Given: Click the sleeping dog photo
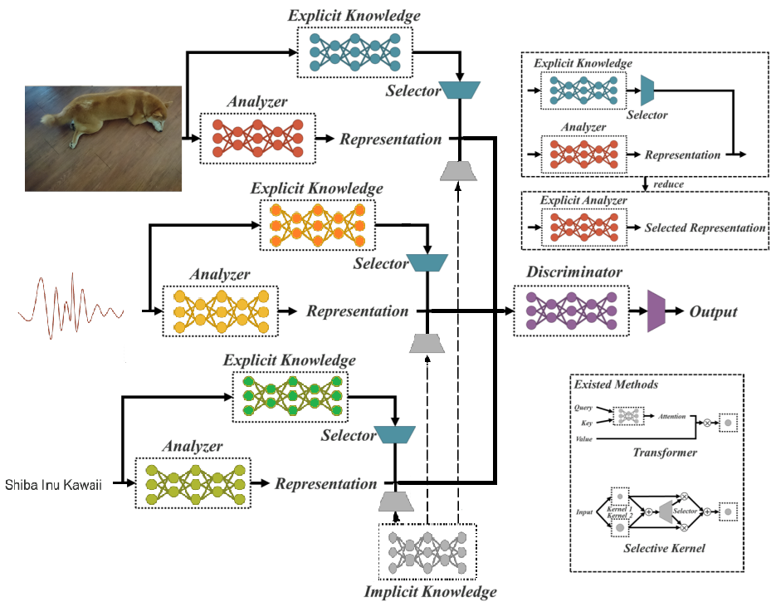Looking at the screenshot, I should pyautogui.click(x=103, y=138).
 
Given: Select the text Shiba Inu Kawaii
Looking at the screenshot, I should pyautogui.click(x=53, y=484).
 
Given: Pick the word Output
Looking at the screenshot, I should pyautogui.click(x=713, y=312).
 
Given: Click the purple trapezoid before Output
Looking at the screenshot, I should pyautogui.click(x=656, y=311).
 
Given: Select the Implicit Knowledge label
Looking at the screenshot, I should pyautogui.click(x=430, y=592).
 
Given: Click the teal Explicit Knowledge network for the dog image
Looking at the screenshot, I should pyautogui.click(x=354, y=51).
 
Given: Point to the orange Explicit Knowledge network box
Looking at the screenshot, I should pyautogui.click(x=317, y=223).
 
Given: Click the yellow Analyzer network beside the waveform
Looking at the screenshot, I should pyautogui.click(x=220, y=311).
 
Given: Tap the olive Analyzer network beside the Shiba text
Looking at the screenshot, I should pyautogui.click(x=193, y=483).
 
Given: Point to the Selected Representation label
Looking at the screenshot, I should pyautogui.click(x=705, y=228).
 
